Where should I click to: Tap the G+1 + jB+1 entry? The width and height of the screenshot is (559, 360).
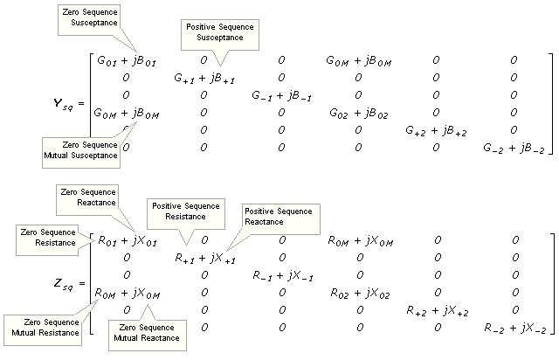[204, 77]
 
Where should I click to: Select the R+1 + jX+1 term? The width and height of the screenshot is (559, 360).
[204, 257]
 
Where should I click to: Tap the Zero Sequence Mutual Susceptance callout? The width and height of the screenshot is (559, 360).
[80, 149]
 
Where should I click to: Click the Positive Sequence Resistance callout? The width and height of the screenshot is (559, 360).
[183, 211]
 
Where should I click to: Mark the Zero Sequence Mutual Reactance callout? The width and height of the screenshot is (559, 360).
[146, 331]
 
